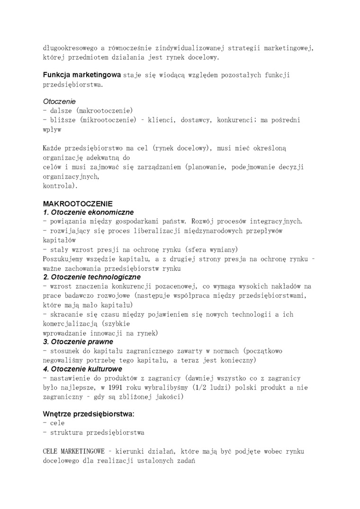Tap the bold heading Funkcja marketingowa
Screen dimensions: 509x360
coord(82,75)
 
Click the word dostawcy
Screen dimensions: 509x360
coord(191,120)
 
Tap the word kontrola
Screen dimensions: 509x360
coord(59,186)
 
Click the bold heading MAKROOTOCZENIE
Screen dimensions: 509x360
coord(78,204)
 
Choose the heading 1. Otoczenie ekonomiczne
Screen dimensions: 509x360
coord(89,213)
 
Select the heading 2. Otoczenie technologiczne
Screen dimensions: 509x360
coord(92,277)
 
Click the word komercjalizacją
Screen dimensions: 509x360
coord(70,324)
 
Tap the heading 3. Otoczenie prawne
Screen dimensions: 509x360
coord(78,342)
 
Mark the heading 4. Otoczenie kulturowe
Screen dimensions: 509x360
coord(83,369)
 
